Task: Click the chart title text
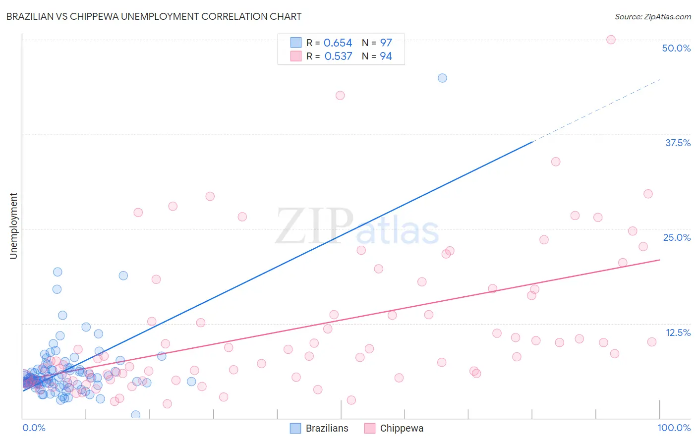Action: tap(154, 16)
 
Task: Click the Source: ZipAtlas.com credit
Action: tap(652, 16)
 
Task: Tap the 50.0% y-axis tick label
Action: tap(676, 48)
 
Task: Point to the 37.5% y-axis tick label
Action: tap(678, 143)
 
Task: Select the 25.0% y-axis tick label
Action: tap(677, 237)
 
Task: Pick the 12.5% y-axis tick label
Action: tap(678, 332)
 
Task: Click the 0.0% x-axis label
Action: tap(34, 428)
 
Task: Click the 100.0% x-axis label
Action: tap(674, 428)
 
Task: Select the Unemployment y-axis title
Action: tap(13, 226)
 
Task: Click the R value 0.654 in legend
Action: tap(338, 43)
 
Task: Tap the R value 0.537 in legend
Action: tap(338, 56)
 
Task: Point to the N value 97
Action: tap(386, 43)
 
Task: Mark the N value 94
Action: tap(386, 56)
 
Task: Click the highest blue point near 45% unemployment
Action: tap(442, 78)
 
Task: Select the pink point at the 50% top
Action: tap(611, 40)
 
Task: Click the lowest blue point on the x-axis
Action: tap(135, 415)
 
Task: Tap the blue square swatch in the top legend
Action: tap(296, 43)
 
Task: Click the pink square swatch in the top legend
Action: tap(296, 56)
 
